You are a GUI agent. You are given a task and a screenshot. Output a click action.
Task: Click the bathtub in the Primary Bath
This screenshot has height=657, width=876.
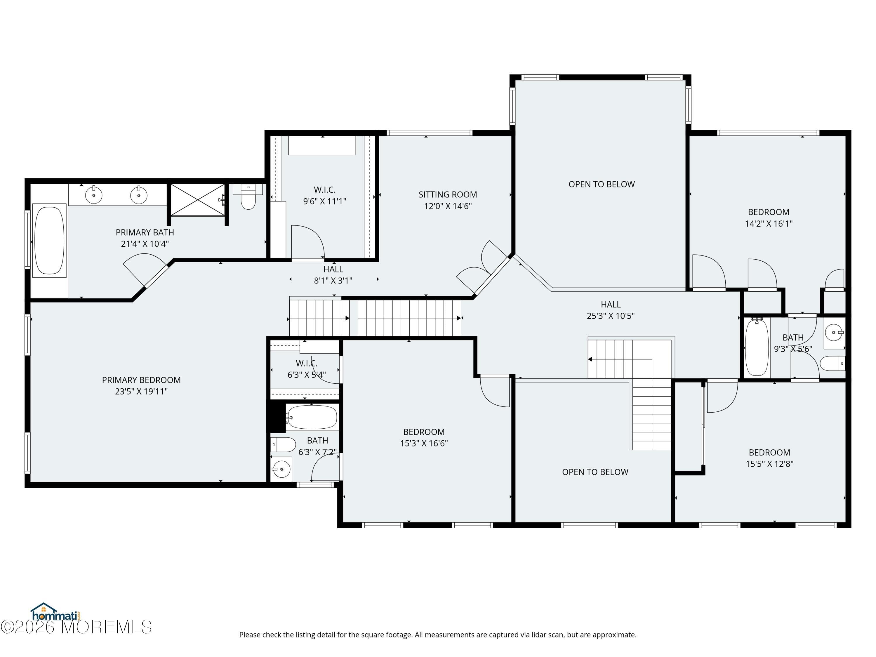tap(49, 240)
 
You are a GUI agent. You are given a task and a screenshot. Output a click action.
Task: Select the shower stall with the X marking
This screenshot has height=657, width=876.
tap(198, 200)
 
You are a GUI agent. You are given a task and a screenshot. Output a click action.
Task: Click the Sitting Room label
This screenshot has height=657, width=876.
tap(448, 194)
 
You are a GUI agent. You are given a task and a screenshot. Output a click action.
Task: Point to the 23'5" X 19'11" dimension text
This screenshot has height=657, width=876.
tap(141, 391)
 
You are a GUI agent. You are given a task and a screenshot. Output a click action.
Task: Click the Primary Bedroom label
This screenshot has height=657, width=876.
tap(141, 380)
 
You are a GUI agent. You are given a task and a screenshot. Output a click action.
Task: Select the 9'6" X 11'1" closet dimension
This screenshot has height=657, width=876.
tap(325, 201)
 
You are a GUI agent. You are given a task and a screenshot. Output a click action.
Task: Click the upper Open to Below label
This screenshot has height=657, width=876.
tap(602, 184)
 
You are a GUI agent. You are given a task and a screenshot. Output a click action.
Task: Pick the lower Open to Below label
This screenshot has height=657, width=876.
tap(595, 472)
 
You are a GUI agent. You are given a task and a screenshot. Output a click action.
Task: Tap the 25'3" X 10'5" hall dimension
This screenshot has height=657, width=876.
tap(611, 316)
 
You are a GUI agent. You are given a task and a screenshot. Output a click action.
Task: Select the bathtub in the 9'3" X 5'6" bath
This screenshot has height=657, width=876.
tap(757, 347)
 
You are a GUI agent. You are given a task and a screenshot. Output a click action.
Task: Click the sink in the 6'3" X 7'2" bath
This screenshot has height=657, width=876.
tap(281, 469)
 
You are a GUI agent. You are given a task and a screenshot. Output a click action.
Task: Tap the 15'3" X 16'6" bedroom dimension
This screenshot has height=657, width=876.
tap(424, 443)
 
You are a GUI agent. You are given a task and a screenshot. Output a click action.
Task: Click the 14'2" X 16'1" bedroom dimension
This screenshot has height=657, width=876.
tap(769, 223)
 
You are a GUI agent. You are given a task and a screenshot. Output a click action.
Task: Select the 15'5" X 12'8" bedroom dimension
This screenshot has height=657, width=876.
tap(769, 464)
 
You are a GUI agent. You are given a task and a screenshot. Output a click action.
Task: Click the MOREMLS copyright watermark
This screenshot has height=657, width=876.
tap(76, 627)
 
